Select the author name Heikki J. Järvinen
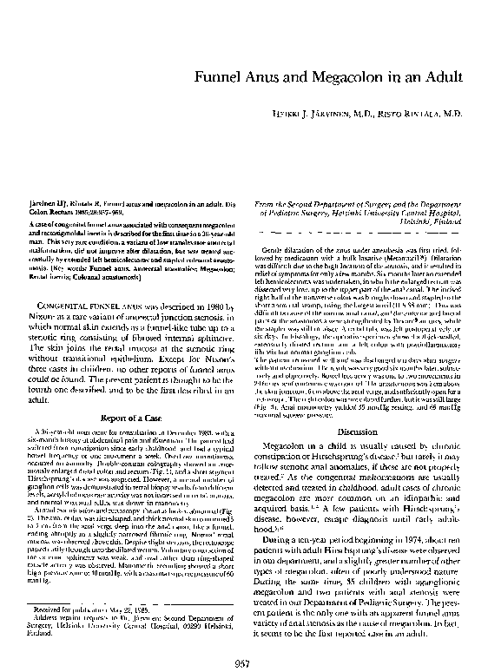coord(326,114)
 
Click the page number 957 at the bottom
coord(244,640)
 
